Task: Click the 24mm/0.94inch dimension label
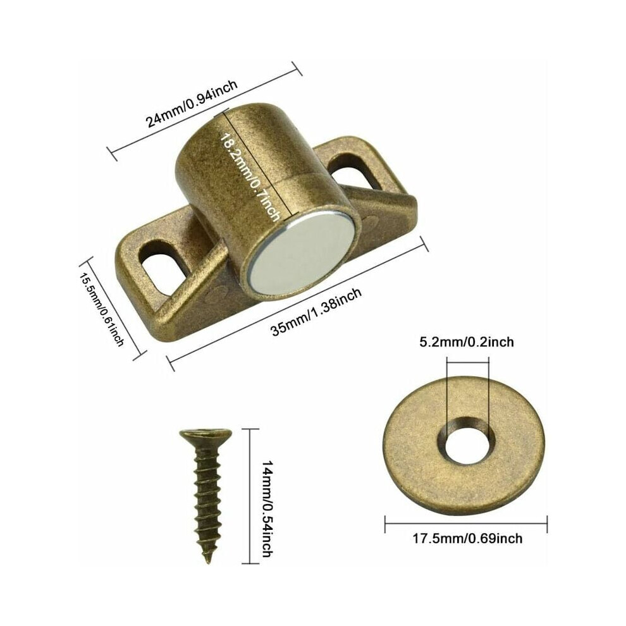click(192, 103)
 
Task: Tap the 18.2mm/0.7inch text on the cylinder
click(250, 177)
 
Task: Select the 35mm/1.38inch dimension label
click(317, 312)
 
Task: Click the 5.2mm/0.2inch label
click(466, 342)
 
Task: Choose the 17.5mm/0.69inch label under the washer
click(467, 539)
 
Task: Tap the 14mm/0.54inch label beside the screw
click(267, 509)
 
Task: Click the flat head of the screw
click(206, 436)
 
